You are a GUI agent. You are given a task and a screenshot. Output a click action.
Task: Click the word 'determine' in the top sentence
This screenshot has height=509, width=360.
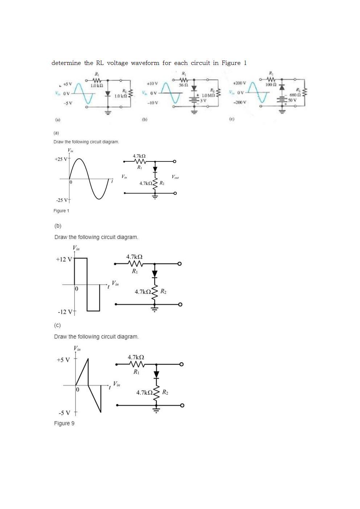pyautogui.click(x=66, y=63)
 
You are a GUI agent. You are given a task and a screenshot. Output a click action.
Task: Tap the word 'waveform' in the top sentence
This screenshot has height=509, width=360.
pyautogui.click(x=145, y=63)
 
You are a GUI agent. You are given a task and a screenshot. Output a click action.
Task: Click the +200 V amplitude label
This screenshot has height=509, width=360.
pyautogui.click(x=240, y=83)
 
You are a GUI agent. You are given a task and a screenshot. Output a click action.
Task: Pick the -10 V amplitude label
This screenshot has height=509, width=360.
pyautogui.click(x=152, y=102)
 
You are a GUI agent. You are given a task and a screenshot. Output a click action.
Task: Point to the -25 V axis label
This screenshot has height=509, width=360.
pyautogui.click(x=61, y=200)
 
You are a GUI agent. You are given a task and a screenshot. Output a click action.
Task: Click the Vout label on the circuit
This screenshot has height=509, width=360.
pyautogui.click(x=175, y=177)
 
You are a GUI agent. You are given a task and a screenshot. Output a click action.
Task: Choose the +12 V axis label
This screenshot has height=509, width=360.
pyautogui.click(x=64, y=259)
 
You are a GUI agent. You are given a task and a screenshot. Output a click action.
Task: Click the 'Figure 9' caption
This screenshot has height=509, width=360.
pyautogui.click(x=64, y=423)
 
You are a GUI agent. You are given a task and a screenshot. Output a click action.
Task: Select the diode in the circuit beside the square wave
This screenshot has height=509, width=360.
pyautogui.click(x=155, y=274)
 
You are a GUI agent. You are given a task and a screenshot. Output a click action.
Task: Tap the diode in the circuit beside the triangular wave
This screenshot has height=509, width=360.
pyautogui.click(x=156, y=374)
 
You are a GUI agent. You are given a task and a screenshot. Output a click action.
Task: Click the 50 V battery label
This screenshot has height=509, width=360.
pyautogui.click(x=292, y=100)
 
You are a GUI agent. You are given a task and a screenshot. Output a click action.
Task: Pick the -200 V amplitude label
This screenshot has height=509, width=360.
pyautogui.click(x=240, y=102)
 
